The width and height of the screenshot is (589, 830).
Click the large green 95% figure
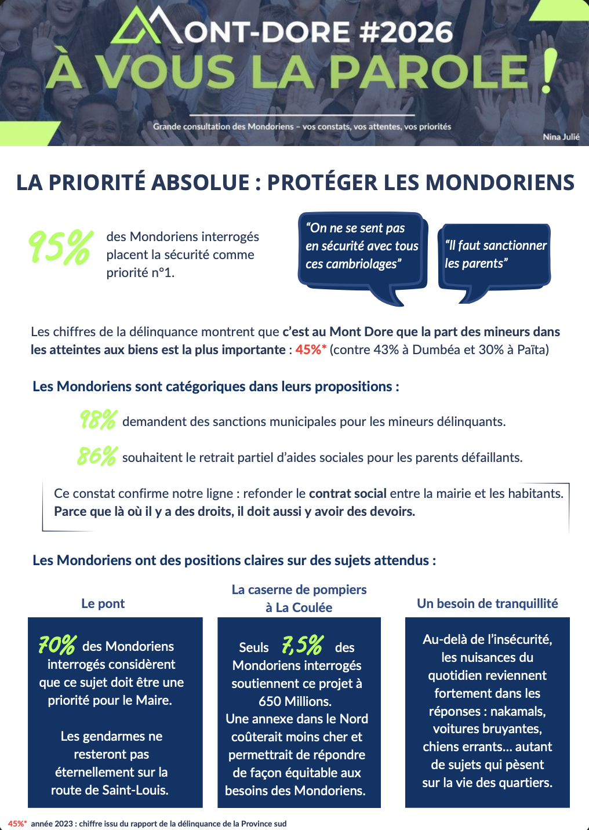pyautogui.click(x=60, y=247)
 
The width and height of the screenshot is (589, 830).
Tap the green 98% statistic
pyautogui.click(x=98, y=420)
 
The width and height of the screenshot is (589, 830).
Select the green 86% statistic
pyautogui.click(x=97, y=456)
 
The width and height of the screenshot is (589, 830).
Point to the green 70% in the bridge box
pyautogui.click(x=57, y=645)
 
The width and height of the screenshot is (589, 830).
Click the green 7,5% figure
pyautogui.click(x=302, y=645)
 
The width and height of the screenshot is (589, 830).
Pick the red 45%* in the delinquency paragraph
pyautogui.click(x=311, y=350)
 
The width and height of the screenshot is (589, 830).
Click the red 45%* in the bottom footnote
pyautogui.click(x=17, y=824)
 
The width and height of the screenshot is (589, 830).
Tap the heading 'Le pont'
pyautogui.click(x=103, y=603)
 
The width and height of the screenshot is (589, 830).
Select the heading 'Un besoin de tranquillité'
pyautogui.click(x=487, y=603)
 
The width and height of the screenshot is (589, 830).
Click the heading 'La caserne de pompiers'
pyautogui.click(x=299, y=589)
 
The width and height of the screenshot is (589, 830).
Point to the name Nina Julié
pyautogui.click(x=561, y=137)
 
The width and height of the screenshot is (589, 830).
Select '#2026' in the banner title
pyautogui.click(x=406, y=32)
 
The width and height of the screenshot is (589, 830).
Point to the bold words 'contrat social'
pyautogui.click(x=347, y=493)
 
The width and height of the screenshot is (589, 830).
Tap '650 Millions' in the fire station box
pyautogui.click(x=294, y=701)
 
